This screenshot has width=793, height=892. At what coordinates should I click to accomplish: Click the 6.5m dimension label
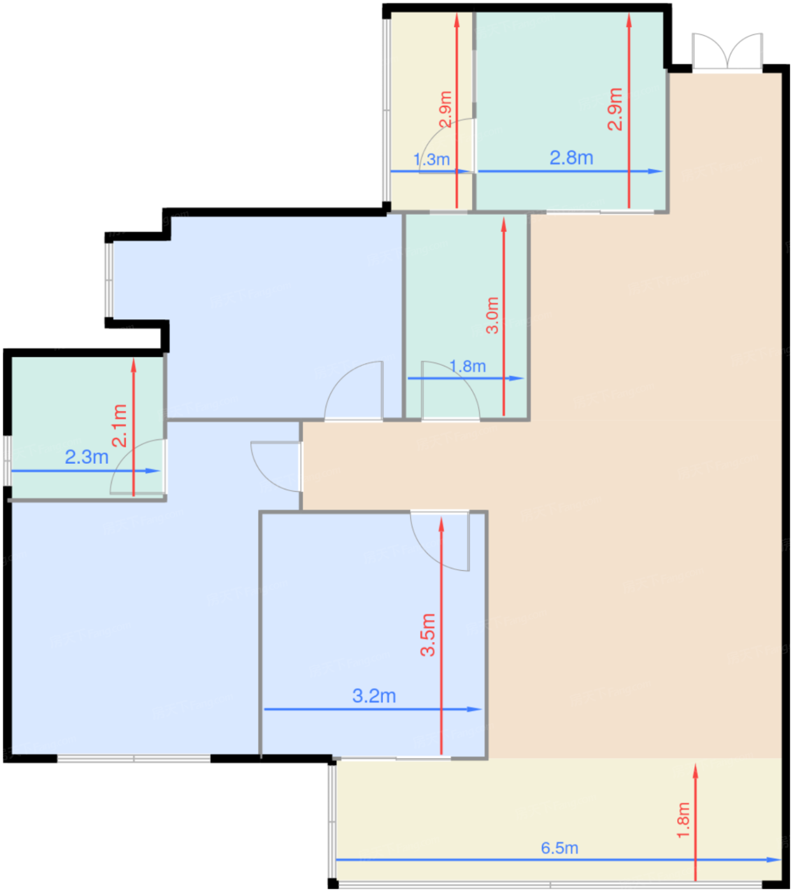tap(559, 847)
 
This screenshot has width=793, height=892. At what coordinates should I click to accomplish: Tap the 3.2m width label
tap(374, 696)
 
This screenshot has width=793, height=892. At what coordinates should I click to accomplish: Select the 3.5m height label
tap(428, 635)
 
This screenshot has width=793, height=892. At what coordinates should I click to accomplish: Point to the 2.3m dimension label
tap(87, 457)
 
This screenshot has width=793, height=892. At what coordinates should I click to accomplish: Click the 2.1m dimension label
tap(119, 426)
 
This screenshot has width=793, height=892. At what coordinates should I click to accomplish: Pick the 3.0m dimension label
tap(492, 315)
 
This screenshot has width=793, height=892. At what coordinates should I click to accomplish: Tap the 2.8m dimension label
tap(571, 157)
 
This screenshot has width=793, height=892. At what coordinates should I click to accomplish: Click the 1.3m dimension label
tap(432, 159)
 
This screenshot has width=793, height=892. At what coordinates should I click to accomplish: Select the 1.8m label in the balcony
tap(683, 820)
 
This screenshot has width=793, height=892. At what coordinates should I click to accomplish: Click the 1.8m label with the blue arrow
tap(468, 366)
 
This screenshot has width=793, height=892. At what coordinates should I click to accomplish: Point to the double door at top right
tap(727, 51)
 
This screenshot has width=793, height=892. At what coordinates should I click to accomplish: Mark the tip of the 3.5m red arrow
tap(441, 518)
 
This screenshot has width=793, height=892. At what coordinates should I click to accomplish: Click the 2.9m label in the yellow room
tap(445, 109)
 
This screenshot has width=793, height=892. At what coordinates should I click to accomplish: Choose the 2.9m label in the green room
tap(615, 109)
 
